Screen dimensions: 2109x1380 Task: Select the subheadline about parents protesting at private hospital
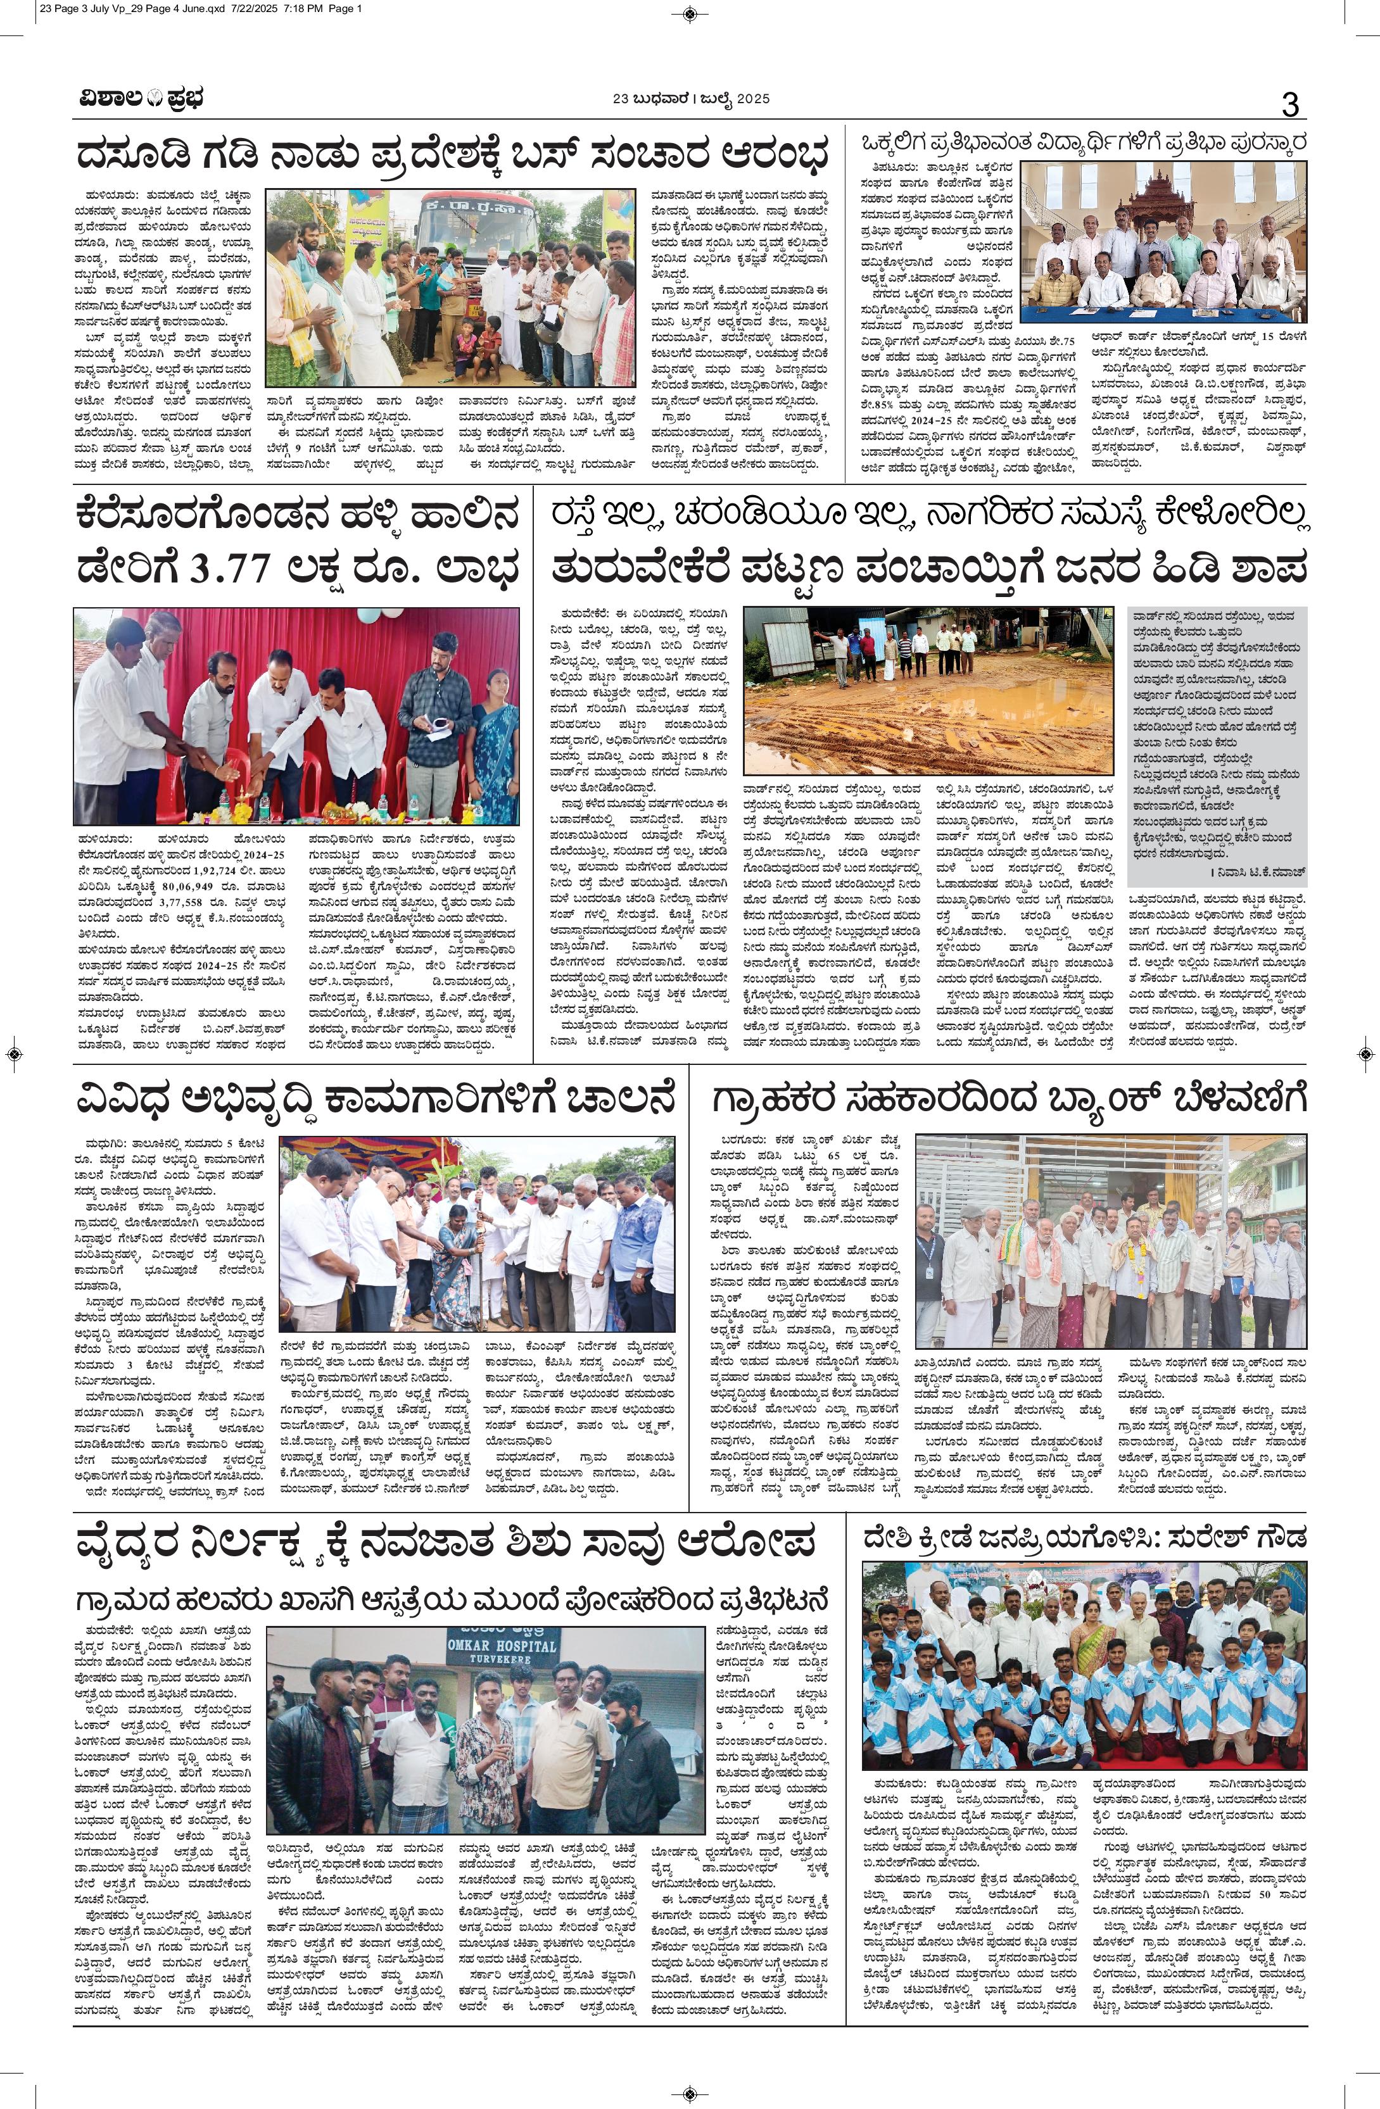point(453,1601)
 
